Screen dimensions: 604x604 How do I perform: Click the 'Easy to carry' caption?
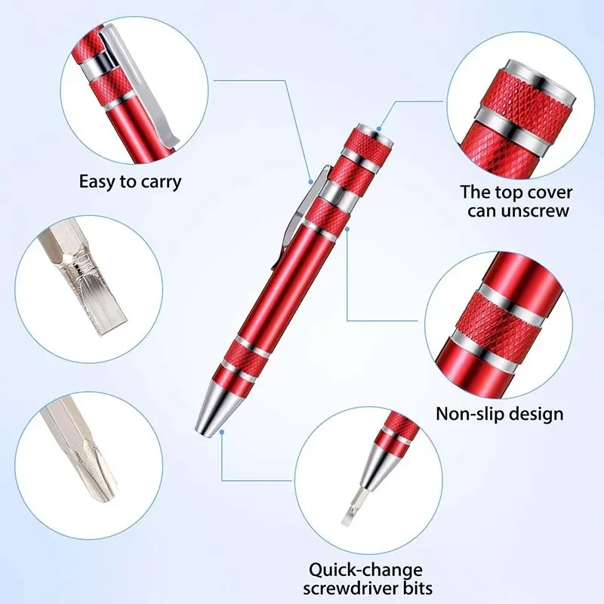(x=130, y=182)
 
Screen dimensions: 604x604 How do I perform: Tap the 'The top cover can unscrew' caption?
(x=517, y=202)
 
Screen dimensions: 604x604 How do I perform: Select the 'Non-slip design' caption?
(x=499, y=413)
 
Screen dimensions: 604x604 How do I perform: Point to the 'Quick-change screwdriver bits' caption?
(x=365, y=578)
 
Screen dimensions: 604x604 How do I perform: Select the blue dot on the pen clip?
(x=310, y=180)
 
